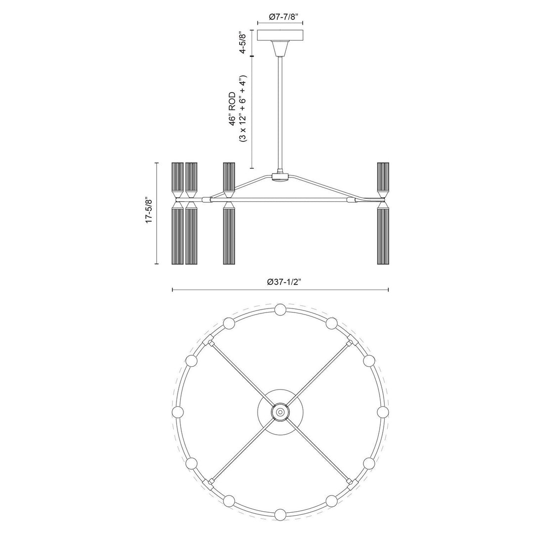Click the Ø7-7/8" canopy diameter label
click(x=280, y=17)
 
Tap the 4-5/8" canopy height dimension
click(x=242, y=43)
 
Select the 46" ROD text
click(x=232, y=109)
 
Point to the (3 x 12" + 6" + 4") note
click(x=243, y=109)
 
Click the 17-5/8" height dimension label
click(x=149, y=210)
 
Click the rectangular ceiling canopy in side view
click(x=280, y=36)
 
